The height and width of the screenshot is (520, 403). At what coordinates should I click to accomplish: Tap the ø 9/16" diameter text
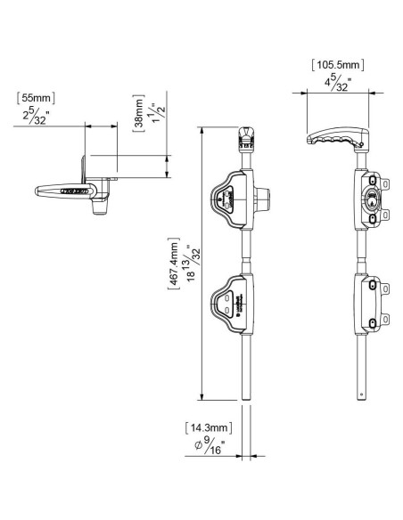[210, 448]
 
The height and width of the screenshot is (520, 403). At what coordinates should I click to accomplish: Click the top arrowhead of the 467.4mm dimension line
[205, 130]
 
